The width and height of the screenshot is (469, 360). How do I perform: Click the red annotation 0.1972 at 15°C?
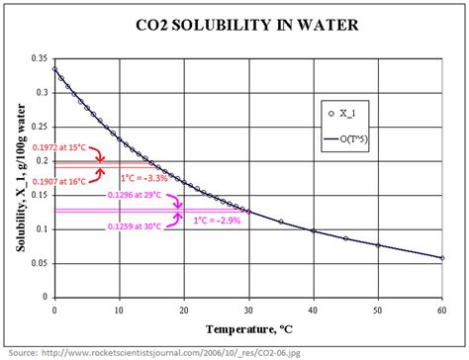[60, 147]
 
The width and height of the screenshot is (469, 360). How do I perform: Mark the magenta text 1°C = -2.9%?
[216, 221]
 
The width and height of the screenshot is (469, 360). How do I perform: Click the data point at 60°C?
[442, 257]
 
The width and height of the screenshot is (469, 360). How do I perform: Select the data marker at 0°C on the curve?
[54, 69]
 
